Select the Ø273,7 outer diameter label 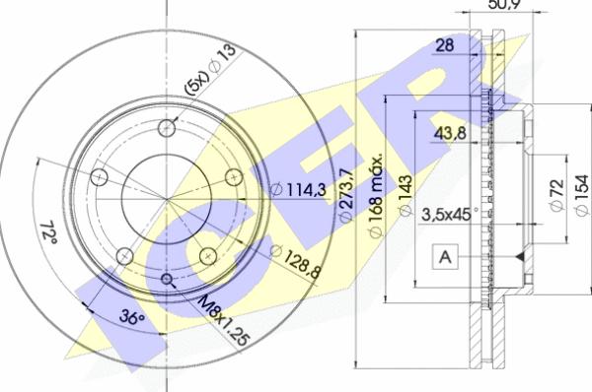pyautogui.click(x=344, y=196)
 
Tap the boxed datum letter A pyautogui.click(x=446, y=257)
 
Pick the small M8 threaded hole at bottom pyautogui.click(x=165, y=281)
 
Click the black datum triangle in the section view pyautogui.click(x=517, y=257)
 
